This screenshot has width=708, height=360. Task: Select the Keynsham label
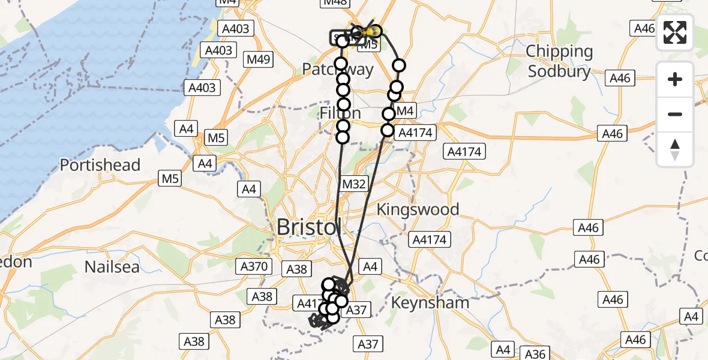430,302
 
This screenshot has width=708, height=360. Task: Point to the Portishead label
100,165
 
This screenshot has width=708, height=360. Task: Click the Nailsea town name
112,266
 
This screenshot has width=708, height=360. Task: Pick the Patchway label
337,69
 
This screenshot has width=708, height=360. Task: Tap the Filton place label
340,113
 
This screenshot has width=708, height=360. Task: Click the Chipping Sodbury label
559,61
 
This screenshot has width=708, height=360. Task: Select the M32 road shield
353,184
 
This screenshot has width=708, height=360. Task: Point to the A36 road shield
536,354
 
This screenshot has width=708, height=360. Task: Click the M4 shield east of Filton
405,111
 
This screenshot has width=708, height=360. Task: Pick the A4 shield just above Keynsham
370,266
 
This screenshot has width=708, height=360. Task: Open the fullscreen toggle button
675,32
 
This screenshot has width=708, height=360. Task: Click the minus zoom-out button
675,114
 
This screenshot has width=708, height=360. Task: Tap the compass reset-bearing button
675,149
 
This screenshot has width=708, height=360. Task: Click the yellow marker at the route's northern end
373,31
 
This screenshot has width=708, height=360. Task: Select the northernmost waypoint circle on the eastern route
399,65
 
